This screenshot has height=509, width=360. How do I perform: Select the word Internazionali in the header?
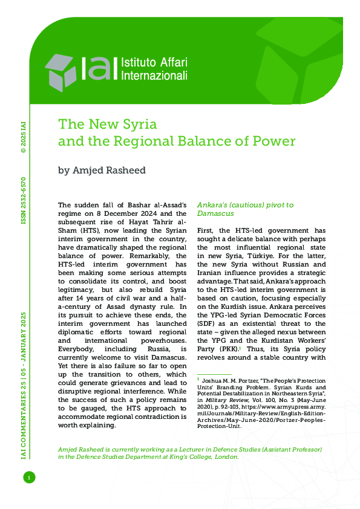pyautogui.click(x=155, y=76)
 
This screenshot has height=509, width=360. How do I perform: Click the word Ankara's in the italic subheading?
pyautogui.click(x=214, y=205)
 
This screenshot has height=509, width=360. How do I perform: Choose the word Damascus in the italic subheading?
pyautogui.click(x=215, y=214)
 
